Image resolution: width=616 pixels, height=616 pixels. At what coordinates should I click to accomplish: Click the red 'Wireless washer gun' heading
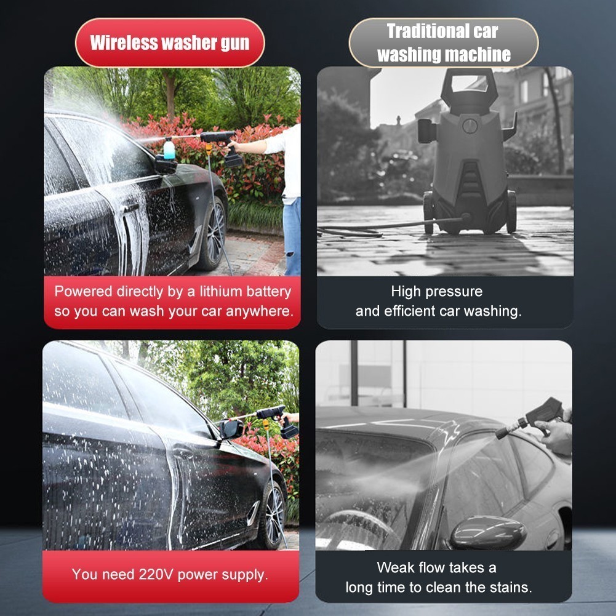170,42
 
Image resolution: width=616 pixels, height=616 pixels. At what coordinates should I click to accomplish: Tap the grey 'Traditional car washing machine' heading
443,42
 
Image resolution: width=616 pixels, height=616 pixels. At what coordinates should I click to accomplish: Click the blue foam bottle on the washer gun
169,148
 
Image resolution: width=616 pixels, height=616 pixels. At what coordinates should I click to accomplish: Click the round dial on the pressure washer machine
470,126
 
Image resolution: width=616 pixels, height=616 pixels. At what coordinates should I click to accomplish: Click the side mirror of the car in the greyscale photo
487,533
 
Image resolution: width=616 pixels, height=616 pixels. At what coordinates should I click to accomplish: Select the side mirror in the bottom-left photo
232,428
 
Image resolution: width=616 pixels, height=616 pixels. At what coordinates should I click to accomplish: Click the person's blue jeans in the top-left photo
292,236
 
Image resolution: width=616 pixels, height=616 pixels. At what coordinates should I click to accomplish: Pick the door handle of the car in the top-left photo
130,208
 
